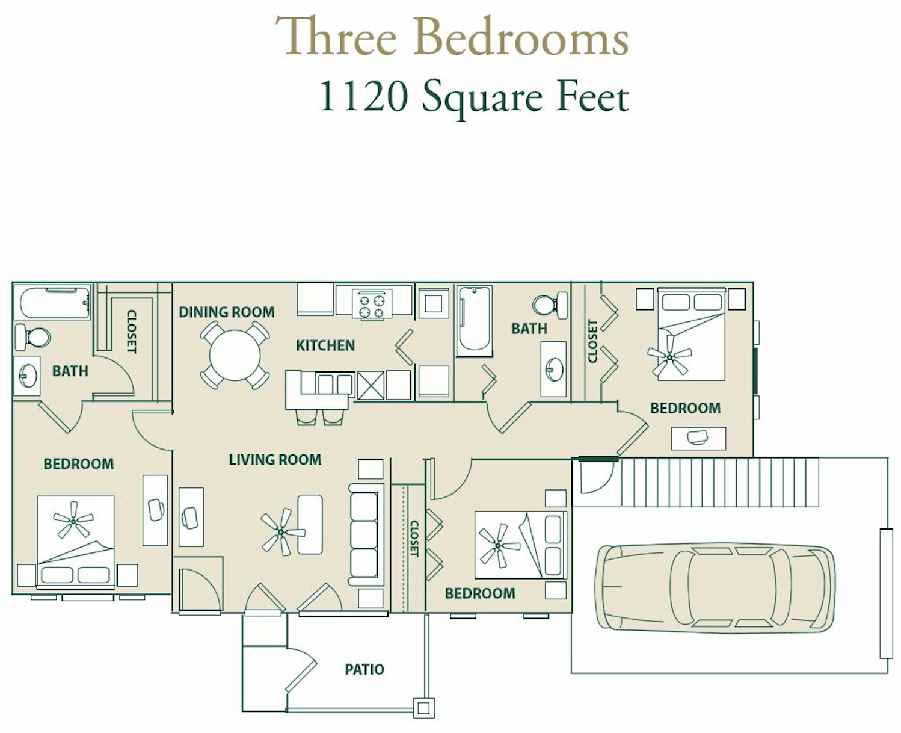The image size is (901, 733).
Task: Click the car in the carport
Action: click(x=715, y=588)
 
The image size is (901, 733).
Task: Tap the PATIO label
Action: click(x=364, y=669)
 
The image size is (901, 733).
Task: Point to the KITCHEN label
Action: click(x=325, y=345)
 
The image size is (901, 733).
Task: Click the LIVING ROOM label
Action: click(x=275, y=459)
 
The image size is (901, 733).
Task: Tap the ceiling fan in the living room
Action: click(x=282, y=532)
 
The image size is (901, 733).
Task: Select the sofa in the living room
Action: click(x=366, y=534)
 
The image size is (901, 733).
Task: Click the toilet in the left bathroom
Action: click(x=32, y=337)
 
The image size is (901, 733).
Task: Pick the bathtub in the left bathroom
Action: click(x=52, y=302)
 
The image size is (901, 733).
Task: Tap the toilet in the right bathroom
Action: click(x=551, y=305)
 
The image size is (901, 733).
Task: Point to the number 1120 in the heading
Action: click(x=363, y=97)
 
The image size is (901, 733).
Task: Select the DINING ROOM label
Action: click(x=227, y=312)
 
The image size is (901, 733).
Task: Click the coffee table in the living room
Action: click(x=310, y=524)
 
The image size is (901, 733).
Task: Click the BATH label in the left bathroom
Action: click(x=70, y=371)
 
